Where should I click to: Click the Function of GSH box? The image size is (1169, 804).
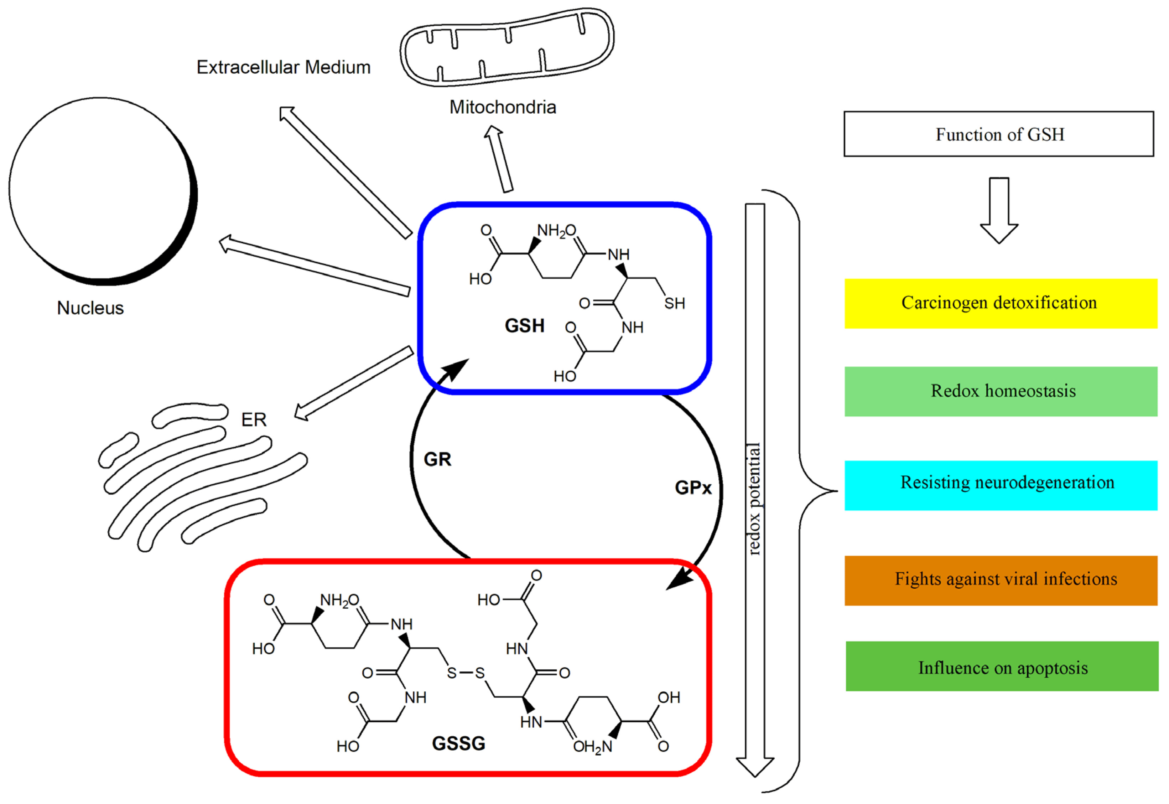click(999, 134)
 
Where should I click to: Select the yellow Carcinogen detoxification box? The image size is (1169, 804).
click(1001, 303)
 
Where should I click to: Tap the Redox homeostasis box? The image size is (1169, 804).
click(1001, 391)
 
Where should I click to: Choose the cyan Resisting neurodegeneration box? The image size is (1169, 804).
click(1001, 485)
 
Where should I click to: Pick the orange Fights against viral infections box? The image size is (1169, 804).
click(1001, 580)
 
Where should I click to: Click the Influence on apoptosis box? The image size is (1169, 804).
click(1002, 666)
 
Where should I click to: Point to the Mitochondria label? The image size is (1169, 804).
click(503, 107)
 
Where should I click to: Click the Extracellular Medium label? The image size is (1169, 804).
click(284, 67)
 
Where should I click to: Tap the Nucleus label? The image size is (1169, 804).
click(90, 308)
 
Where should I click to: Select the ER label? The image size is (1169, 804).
click(254, 419)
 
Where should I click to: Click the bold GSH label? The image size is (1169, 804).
click(525, 326)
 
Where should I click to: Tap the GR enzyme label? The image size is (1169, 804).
click(437, 459)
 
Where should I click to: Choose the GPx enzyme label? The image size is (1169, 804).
click(693, 488)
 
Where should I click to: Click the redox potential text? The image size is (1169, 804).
click(754, 499)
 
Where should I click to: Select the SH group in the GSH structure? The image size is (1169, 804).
click(675, 303)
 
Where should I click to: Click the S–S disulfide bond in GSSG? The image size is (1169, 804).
click(466, 673)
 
